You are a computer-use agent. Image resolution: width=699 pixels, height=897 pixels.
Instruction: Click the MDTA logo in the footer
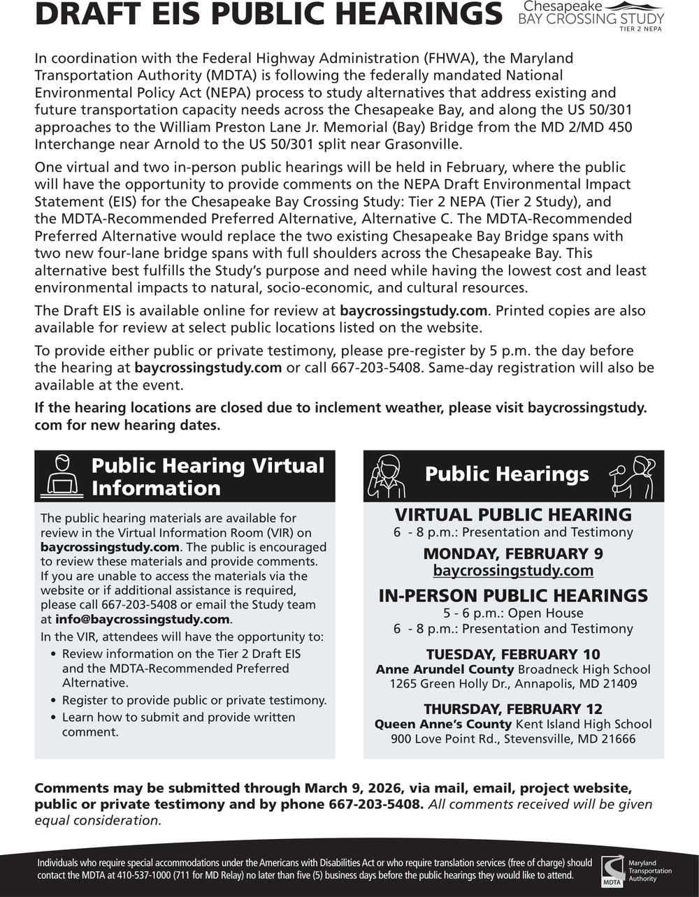click(613, 870)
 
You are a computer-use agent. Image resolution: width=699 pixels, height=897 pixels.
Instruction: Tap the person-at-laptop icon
click(62, 475)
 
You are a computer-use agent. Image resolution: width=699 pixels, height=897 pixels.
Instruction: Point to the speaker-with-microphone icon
click(632, 475)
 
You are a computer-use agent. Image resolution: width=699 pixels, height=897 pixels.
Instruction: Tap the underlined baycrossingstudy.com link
click(513, 571)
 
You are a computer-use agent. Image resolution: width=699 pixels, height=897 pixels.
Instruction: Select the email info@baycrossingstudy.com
click(143, 620)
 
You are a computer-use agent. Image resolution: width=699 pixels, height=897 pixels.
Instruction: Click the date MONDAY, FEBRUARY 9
click(513, 554)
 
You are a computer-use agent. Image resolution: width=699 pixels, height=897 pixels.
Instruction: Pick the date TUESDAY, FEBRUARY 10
click(513, 655)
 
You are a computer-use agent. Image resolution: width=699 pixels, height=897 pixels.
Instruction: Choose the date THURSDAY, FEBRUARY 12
click(513, 709)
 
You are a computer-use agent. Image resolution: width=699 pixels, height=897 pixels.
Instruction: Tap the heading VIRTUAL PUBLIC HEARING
click(513, 515)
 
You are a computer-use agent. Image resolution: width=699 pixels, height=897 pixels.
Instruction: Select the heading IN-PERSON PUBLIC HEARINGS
click(513, 596)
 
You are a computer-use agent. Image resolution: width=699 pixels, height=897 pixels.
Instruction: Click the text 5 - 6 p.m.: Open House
click(513, 613)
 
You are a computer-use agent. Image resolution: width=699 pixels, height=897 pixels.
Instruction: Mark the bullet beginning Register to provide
click(194, 700)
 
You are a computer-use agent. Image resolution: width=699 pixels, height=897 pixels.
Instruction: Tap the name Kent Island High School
click(583, 724)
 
